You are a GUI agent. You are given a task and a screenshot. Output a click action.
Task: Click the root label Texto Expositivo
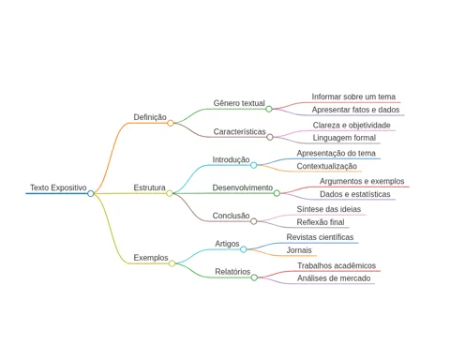tap(58, 187)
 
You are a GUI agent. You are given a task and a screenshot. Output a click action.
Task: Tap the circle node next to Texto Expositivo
tap(91, 193)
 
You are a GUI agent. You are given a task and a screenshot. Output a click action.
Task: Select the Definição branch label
tap(150, 117)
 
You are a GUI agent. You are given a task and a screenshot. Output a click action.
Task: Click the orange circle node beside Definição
tap(171, 123)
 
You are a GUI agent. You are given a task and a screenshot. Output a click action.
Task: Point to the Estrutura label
tap(149, 187)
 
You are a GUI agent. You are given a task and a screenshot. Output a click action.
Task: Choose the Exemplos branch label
tap(151, 258)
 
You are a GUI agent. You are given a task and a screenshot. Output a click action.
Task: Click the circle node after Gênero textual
tap(269, 109)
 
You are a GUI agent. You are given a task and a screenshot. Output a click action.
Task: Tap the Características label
tap(239, 131)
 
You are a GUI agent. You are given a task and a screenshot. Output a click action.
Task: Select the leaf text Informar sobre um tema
tap(353, 97)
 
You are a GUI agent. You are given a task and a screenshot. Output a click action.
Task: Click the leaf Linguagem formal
tap(344, 138)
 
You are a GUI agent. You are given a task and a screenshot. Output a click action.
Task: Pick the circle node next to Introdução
tap(254, 165)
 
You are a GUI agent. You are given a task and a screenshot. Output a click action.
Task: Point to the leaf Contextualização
tap(326, 166)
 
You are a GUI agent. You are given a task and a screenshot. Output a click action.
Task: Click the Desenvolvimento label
tap(243, 187)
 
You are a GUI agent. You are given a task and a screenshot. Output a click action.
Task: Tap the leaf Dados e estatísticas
tap(354, 194)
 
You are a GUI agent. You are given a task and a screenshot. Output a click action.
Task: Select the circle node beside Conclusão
tap(254, 221)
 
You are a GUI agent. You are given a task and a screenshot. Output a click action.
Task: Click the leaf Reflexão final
tap(321, 222)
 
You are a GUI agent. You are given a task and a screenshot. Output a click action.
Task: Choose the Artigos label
tap(227, 244)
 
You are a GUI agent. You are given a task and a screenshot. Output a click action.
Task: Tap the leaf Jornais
tap(299, 250)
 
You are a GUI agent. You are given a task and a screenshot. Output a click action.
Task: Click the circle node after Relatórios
tap(254, 277)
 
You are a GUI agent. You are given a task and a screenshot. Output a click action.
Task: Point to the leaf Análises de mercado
tap(334, 278)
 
